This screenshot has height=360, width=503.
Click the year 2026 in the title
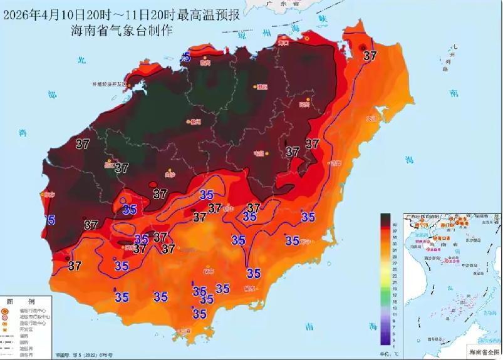pyautogui.click(x=19, y=13)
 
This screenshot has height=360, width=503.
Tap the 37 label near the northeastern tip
pyautogui.click(x=370, y=56)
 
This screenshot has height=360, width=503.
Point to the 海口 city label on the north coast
pyautogui.click(x=284, y=43)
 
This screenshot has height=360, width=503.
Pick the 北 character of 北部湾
pyautogui.click(x=80, y=59)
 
